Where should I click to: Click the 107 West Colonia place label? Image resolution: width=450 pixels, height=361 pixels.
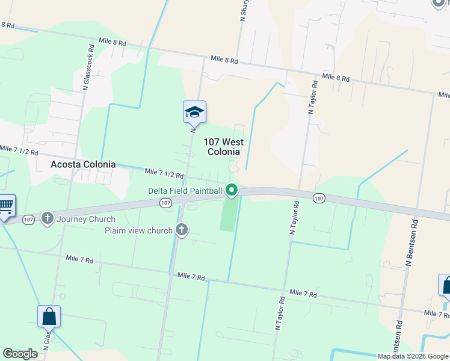click(x=224, y=147)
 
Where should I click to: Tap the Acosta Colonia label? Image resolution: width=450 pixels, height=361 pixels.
click(x=82, y=164)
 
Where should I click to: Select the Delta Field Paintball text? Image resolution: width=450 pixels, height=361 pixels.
click(x=186, y=191)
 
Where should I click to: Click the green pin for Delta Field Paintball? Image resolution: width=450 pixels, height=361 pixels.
click(x=232, y=191)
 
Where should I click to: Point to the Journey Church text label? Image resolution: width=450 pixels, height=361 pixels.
click(x=85, y=219)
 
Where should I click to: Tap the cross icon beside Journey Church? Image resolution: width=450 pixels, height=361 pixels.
click(x=48, y=218)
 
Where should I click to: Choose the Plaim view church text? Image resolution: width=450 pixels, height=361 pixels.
click(x=139, y=230)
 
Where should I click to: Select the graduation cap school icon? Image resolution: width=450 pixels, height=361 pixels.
click(x=194, y=112)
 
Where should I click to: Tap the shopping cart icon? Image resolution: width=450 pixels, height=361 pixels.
click(x=5, y=206)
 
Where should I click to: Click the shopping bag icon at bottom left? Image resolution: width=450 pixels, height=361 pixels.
click(x=49, y=316)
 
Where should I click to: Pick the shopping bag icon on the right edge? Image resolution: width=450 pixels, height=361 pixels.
click(x=446, y=286)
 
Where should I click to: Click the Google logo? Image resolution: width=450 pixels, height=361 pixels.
click(x=20, y=354)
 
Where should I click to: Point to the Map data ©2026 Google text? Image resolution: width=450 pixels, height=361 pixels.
click(x=412, y=356)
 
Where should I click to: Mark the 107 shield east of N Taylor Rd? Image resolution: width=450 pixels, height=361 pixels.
click(x=319, y=197)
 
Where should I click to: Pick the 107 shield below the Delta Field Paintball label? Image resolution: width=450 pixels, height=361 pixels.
click(x=166, y=203)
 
